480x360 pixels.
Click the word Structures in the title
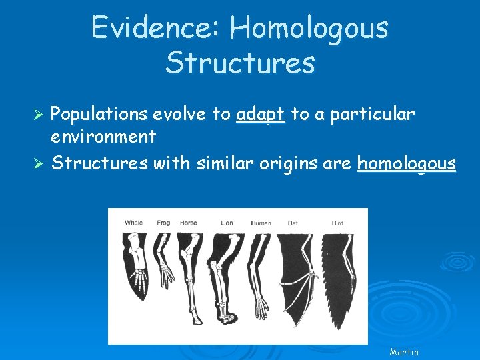click(x=240, y=63)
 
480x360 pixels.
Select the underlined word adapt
click(x=261, y=115)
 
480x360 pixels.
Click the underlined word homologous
click(x=407, y=163)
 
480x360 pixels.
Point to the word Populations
click(x=99, y=115)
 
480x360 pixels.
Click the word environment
click(x=103, y=137)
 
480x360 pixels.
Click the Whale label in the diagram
click(x=134, y=223)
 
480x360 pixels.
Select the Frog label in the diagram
click(x=163, y=223)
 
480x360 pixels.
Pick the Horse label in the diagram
click(x=188, y=223)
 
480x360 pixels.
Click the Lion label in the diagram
click(x=227, y=223)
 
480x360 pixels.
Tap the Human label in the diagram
click(x=261, y=223)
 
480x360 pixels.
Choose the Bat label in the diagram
click(x=293, y=223)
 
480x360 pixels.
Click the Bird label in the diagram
click(x=337, y=223)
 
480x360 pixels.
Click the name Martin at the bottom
click(x=404, y=351)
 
